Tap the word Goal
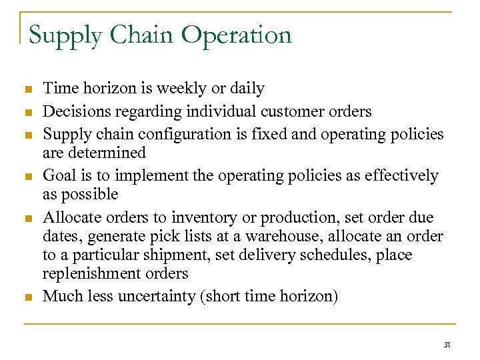[58, 175]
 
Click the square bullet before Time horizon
[27, 89]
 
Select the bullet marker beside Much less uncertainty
[27, 297]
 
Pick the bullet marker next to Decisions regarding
[27, 112]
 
